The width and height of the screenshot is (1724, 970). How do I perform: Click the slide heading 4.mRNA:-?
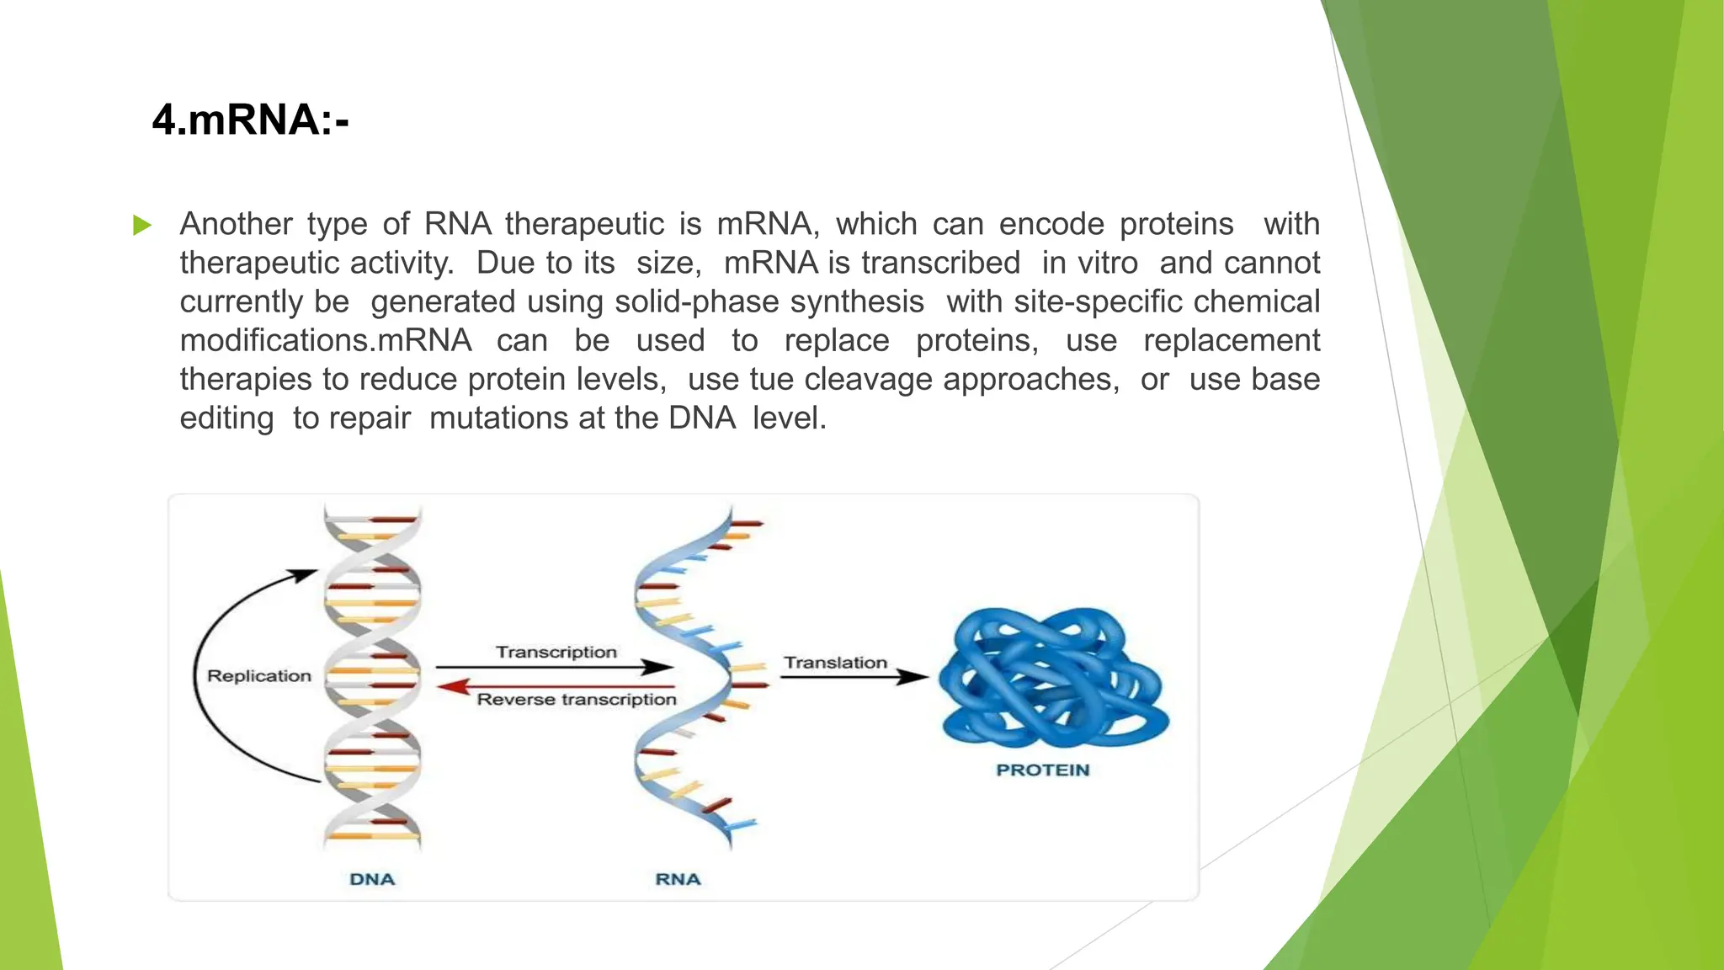pos(250,120)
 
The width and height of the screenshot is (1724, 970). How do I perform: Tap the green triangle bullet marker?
pos(142,225)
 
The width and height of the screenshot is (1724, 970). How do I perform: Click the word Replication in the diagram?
pos(259,676)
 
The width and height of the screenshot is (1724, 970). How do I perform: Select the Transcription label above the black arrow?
pos(556,652)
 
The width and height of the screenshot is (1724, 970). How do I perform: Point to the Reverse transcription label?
pos(577,700)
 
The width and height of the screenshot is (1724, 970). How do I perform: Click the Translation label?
pos(835,663)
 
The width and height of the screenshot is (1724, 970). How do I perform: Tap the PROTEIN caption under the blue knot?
pos(1042,770)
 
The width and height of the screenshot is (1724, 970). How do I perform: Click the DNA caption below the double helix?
pos(372,879)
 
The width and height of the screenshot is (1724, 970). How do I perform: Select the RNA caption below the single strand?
pos(678,879)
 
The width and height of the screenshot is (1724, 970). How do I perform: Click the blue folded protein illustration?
pos(1052,678)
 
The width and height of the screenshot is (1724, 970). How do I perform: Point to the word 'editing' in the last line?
pos(226,418)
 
